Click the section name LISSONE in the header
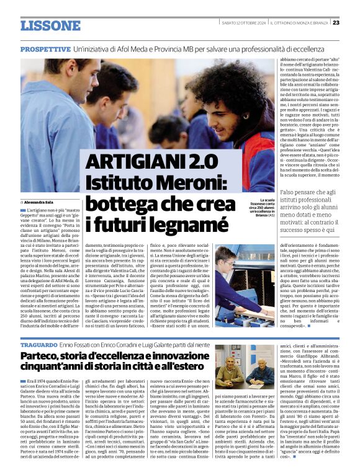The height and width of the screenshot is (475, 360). [50, 25]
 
